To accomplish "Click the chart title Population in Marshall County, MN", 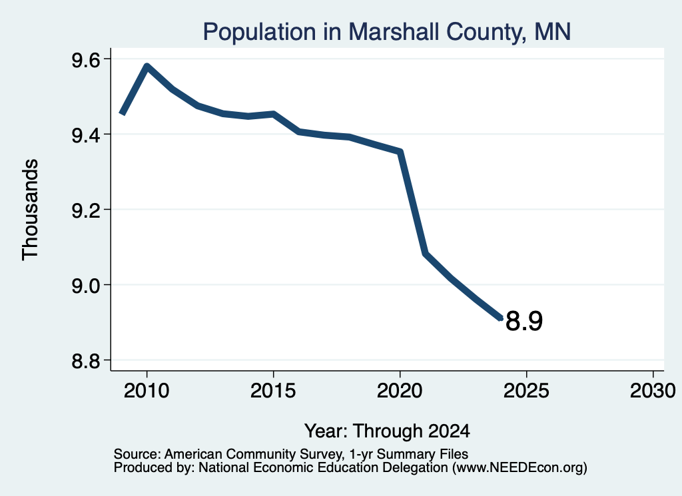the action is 387,32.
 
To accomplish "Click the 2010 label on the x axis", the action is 147,390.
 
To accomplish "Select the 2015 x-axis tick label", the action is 273,390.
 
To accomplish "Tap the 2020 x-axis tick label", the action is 400,390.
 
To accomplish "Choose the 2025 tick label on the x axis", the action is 526,390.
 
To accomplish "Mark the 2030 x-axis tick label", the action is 653,390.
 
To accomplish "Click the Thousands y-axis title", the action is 30,210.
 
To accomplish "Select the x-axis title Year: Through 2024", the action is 387,431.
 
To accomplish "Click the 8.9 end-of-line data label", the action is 524,322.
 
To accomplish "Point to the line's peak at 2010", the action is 147,66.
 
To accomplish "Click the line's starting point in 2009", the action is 123,113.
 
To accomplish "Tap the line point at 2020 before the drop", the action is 400,151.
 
